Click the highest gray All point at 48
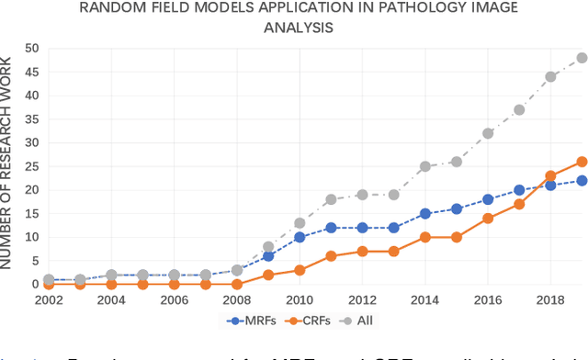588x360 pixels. [x=581, y=58]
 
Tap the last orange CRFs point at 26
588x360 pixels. [x=581, y=162]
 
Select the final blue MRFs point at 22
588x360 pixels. [x=581, y=180]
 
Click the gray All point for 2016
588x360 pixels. [x=488, y=133]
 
